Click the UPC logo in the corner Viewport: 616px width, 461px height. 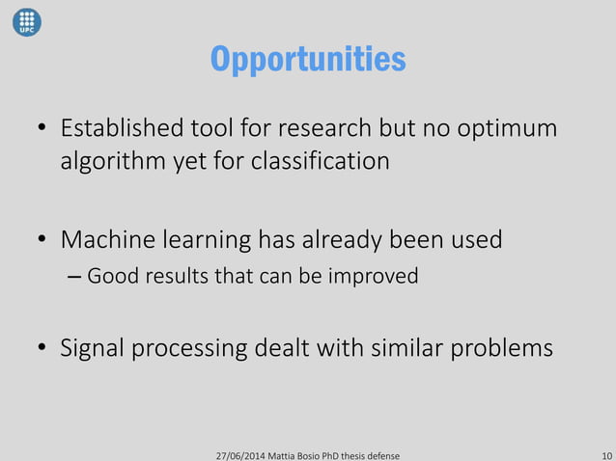click(27, 22)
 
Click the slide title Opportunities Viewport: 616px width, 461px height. click(308, 60)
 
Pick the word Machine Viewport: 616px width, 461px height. click(105, 239)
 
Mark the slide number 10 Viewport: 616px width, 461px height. click(604, 453)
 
